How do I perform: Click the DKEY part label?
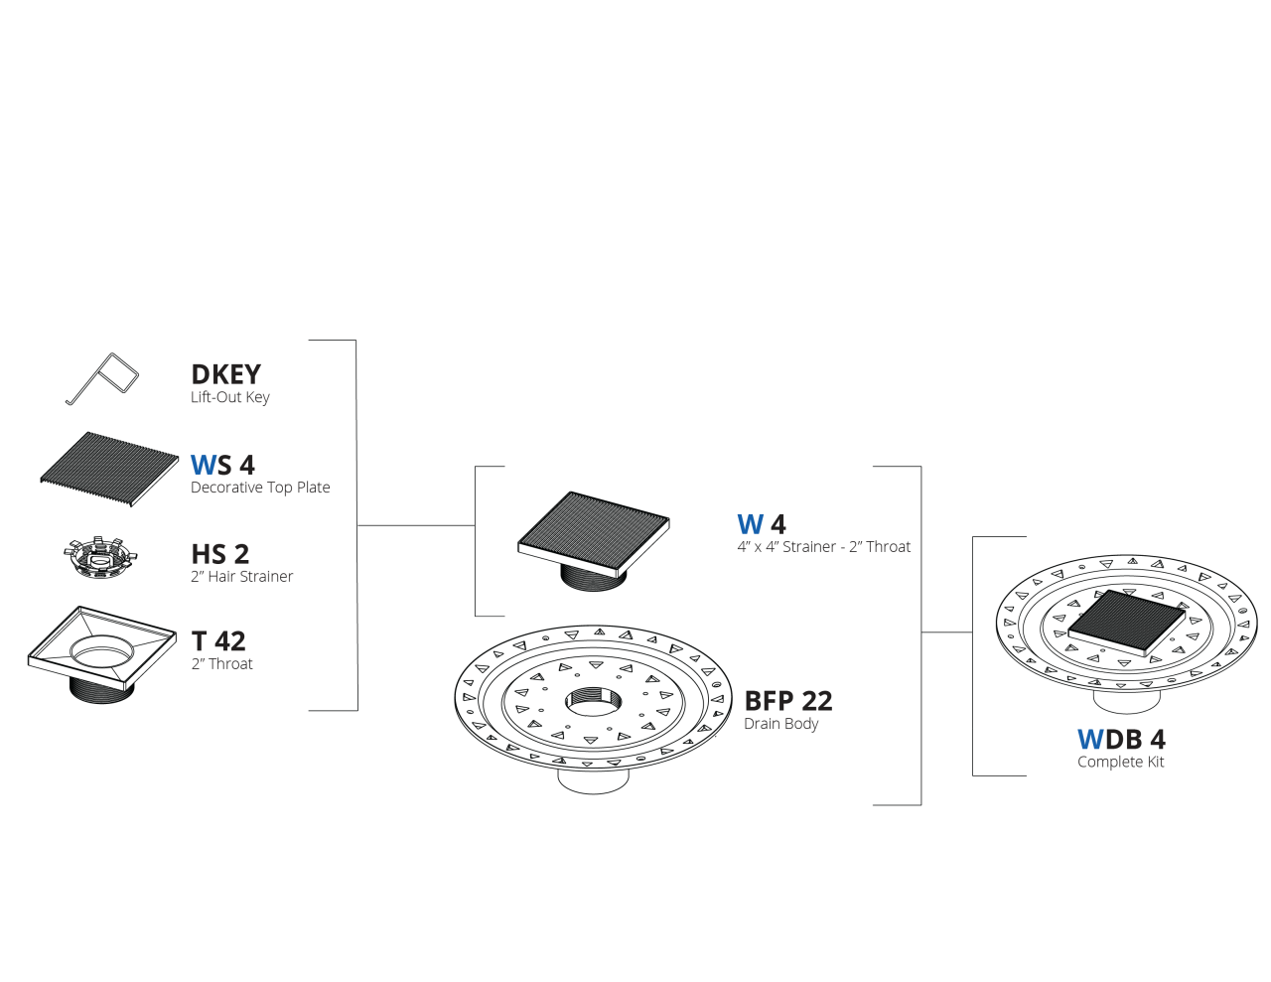225,374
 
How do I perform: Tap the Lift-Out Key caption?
229,397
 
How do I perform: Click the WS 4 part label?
222,465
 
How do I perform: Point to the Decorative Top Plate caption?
260,488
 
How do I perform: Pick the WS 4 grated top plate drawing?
109,469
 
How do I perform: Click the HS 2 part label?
220,554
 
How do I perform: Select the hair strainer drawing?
100,559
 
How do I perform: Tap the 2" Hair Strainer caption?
241,577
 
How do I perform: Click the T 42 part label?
218,641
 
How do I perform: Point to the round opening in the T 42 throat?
102,649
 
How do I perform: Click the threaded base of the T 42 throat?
101,689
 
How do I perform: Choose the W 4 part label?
761,524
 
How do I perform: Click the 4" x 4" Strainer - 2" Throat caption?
823,547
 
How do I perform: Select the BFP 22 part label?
787,701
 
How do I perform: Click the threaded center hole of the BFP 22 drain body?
593,701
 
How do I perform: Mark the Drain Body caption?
780,724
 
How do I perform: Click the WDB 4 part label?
1121,740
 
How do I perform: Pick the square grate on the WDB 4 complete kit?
1127,621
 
